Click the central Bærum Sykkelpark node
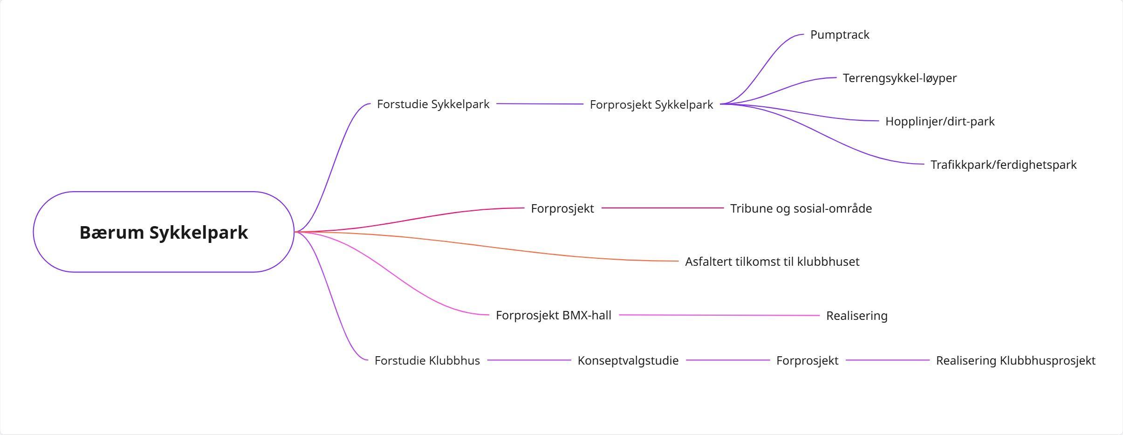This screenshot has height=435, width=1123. click(x=164, y=232)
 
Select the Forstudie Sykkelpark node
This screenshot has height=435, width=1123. click(x=433, y=104)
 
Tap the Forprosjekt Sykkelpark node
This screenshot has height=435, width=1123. click(x=651, y=104)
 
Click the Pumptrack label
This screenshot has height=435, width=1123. click(x=840, y=35)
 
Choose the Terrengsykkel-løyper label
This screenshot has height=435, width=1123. click(x=899, y=78)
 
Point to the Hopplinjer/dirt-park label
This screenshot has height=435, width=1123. click(x=940, y=121)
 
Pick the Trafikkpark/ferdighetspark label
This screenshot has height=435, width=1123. click(x=1003, y=165)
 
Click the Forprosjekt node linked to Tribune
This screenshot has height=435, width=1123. click(x=562, y=208)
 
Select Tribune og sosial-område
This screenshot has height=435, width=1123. click(x=801, y=208)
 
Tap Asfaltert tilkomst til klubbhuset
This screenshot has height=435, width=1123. click(x=772, y=262)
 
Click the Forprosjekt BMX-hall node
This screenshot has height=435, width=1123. click(x=553, y=315)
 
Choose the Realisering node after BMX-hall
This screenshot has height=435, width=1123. click(x=856, y=316)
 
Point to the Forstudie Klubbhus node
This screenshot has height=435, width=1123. click(x=427, y=360)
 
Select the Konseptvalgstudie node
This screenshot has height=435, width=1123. click(x=628, y=360)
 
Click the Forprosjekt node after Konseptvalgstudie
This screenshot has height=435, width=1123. click(x=807, y=360)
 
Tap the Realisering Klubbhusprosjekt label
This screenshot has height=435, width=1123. click(x=1015, y=360)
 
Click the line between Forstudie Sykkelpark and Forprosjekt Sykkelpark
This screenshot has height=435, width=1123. click(x=540, y=104)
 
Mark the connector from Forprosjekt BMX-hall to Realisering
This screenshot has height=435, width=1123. click(x=719, y=315)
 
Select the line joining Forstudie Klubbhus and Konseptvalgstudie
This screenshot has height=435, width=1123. click(x=529, y=360)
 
